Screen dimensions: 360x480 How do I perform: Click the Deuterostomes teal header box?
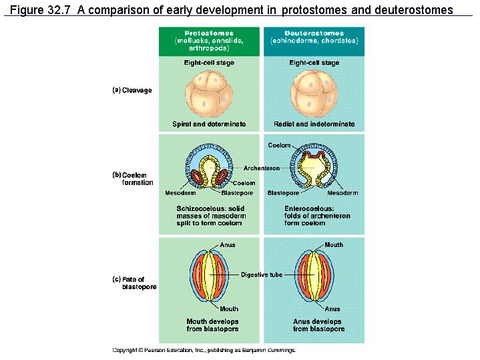point(314,41)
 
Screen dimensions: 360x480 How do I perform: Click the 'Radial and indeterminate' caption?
point(314,124)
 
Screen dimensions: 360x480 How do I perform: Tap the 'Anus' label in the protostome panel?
point(228,245)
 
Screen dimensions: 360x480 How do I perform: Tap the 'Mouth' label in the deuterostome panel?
point(333,245)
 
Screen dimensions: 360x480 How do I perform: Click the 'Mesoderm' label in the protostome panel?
point(178,193)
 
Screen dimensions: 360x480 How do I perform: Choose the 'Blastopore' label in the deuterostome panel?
point(282,193)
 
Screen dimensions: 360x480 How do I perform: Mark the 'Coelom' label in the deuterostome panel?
point(279,145)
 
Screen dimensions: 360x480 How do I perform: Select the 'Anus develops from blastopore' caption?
point(314,325)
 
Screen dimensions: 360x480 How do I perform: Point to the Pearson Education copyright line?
point(204,350)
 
